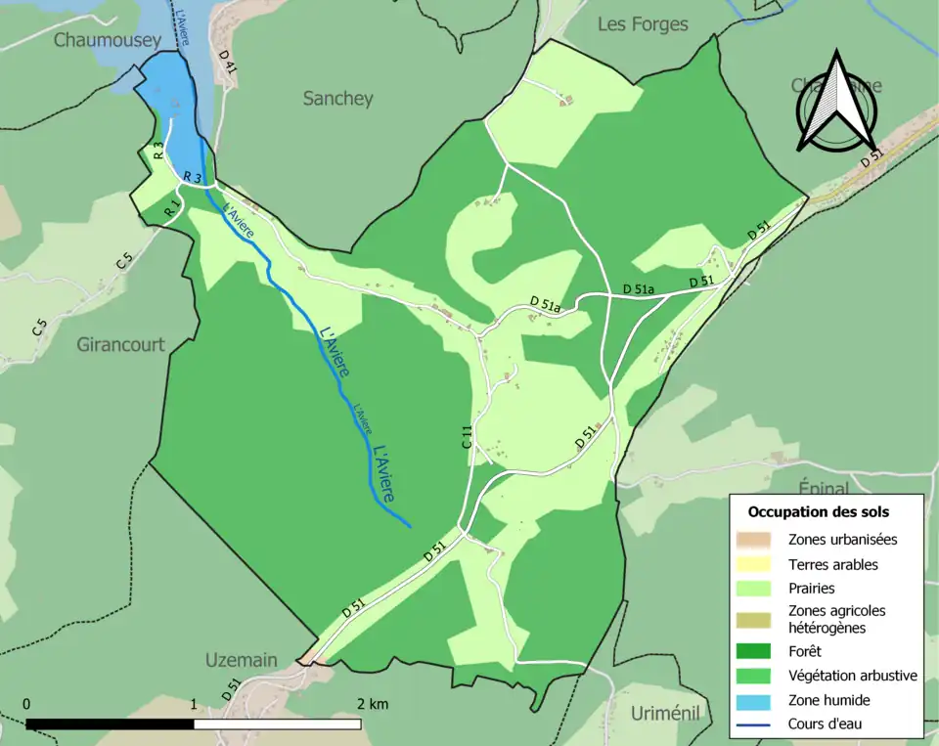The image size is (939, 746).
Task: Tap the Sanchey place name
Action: [337, 99]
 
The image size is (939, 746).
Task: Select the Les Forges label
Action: [643, 24]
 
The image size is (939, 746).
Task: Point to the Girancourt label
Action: [121, 344]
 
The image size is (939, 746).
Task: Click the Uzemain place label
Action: [241, 660]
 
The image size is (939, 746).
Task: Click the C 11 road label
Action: [468, 436]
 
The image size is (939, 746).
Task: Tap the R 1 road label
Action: [171, 207]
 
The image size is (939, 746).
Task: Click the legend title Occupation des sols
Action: [818, 511]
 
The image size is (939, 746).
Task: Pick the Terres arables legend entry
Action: [832, 564]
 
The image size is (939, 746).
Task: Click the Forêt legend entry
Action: [808, 650]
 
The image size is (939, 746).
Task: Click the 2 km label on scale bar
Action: [373, 704]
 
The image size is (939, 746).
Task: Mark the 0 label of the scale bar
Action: [26, 704]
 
